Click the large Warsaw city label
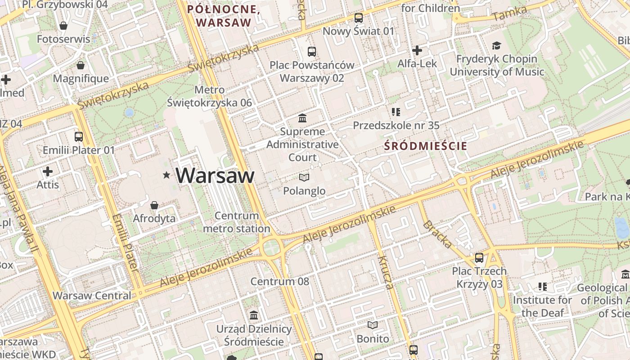pyautogui.click(x=215, y=175)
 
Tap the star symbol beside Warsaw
pyautogui.click(x=167, y=175)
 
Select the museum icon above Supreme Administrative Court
pyautogui.click(x=303, y=118)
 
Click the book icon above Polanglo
pyautogui.click(x=304, y=178)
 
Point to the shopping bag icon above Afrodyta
pyautogui.click(x=154, y=205)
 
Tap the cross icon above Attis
pyautogui.click(x=48, y=171)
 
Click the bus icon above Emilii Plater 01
pyautogui.click(x=79, y=136)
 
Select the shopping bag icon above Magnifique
pyautogui.click(x=81, y=66)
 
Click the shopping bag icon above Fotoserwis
pyautogui.click(x=63, y=26)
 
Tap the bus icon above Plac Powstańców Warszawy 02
pyautogui.click(x=312, y=52)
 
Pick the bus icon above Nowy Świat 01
pyautogui.click(x=358, y=18)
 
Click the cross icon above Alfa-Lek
pyautogui.click(x=417, y=50)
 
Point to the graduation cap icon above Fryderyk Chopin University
pyautogui.click(x=496, y=45)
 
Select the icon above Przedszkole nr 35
pyautogui.click(x=396, y=112)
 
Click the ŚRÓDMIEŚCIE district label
pyautogui.click(x=426, y=146)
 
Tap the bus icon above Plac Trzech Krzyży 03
pyautogui.click(x=479, y=258)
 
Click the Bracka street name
pyautogui.click(x=437, y=234)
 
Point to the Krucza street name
pyautogui.click(x=386, y=273)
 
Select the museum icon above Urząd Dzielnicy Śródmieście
pyautogui.click(x=254, y=315)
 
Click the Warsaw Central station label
pyautogui.click(x=92, y=296)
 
